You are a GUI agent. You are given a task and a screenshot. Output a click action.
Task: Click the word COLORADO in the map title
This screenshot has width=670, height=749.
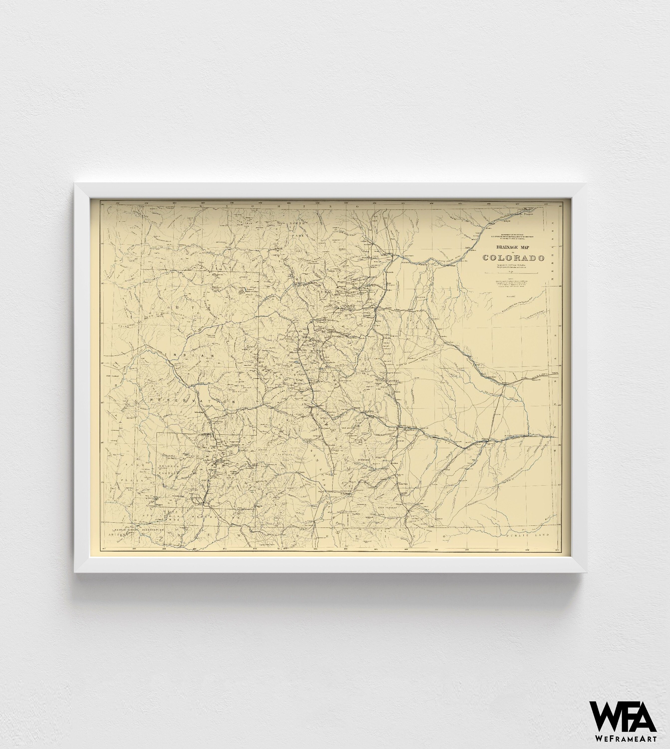[514, 258]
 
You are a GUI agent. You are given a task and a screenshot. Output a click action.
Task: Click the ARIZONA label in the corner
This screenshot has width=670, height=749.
[117, 534]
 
